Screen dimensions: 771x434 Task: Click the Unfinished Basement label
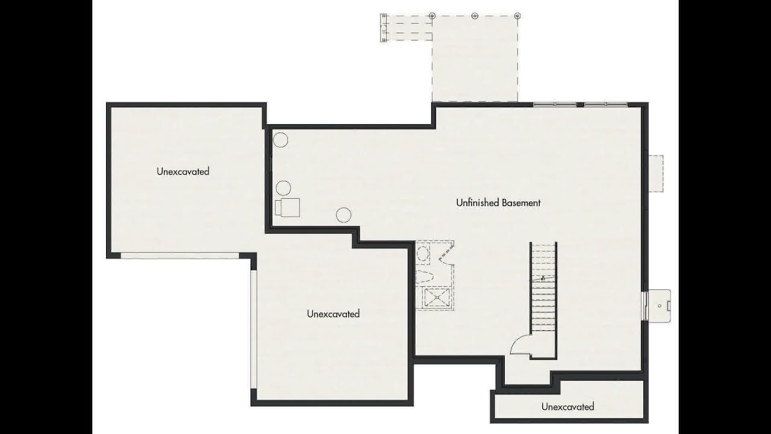(x=498, y=203)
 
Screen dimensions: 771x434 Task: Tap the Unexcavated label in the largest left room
(x=183, y=171)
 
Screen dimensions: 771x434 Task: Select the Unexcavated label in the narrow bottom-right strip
(x=567, y=406)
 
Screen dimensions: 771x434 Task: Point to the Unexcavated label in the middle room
(x=333, y=313)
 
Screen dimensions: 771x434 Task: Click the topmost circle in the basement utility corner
(x=281, y=140)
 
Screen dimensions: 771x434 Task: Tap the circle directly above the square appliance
(x=283, y=188)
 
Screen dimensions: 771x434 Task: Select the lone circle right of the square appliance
(x=343, y=215)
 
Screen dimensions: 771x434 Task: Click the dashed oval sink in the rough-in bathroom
(x=422, y=254)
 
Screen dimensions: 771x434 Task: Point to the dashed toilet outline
(x=425, y=276)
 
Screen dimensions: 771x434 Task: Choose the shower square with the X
(x=437, y=297)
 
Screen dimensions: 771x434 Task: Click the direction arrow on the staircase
(x=543, y=278)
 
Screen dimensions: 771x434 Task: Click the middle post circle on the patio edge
(x=475, y=16)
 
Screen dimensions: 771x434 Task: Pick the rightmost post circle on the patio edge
(x=517, y=16)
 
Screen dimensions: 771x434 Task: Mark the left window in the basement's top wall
(x=555, y=104)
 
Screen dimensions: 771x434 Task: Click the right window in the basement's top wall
(x=606, y=104)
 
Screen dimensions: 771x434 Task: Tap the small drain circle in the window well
(x=660, y=306)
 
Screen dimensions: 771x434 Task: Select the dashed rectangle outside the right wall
(x=656, y=174)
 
